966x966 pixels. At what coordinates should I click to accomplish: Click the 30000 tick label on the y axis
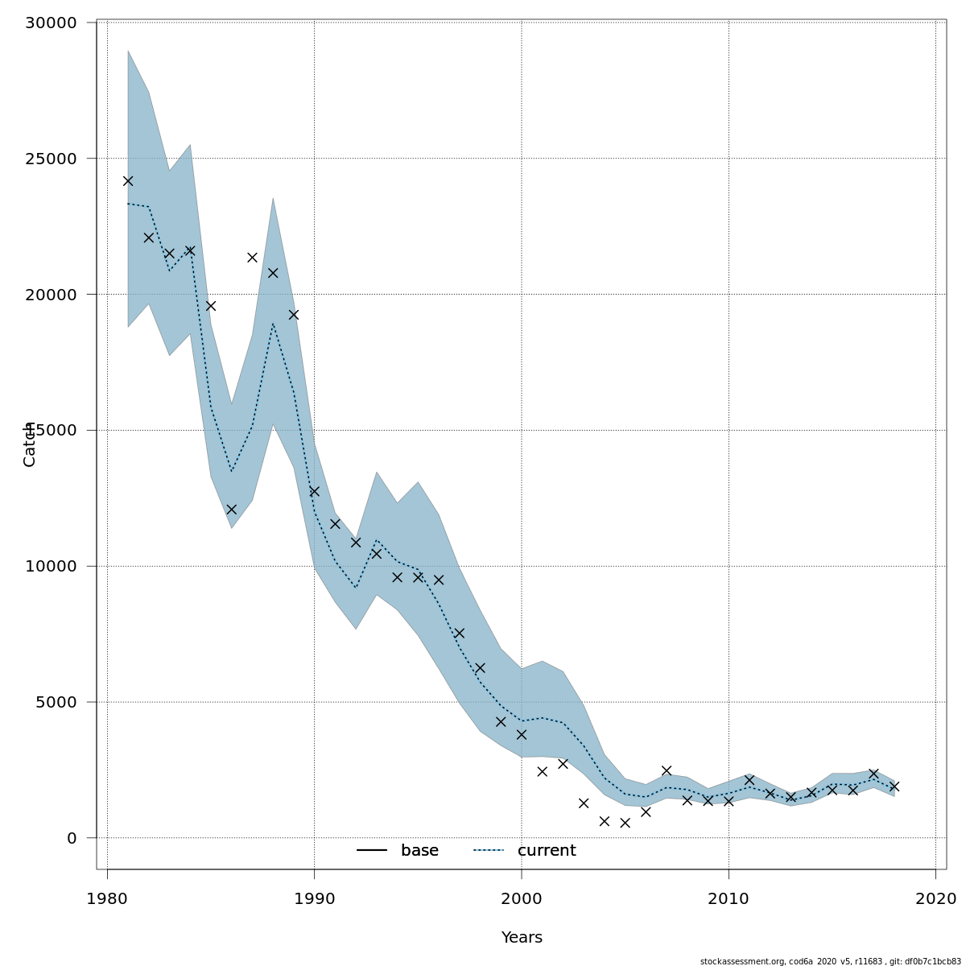click(50, 23)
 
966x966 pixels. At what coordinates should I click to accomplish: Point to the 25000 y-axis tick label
click(50, 159)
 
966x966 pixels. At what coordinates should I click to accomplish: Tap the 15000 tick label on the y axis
click(50, 430)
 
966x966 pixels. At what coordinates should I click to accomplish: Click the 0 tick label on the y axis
click(72, 838)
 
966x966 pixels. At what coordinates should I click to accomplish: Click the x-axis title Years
click(522, 938)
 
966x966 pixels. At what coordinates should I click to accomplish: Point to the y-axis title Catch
click(30, 444)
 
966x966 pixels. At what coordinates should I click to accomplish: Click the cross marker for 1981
click(128, 181)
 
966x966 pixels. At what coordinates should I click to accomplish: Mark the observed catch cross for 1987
click(252, 258)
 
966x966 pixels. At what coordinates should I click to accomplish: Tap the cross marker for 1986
click(231, 510)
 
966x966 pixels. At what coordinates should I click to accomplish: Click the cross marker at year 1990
click(314, 491)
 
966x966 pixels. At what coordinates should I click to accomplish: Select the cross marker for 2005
click(625, 823)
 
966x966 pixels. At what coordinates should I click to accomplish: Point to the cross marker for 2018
click(894, 786)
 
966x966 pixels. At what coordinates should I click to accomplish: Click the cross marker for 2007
click(667, 770)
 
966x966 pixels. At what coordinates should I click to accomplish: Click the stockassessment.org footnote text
click(830, 961)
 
